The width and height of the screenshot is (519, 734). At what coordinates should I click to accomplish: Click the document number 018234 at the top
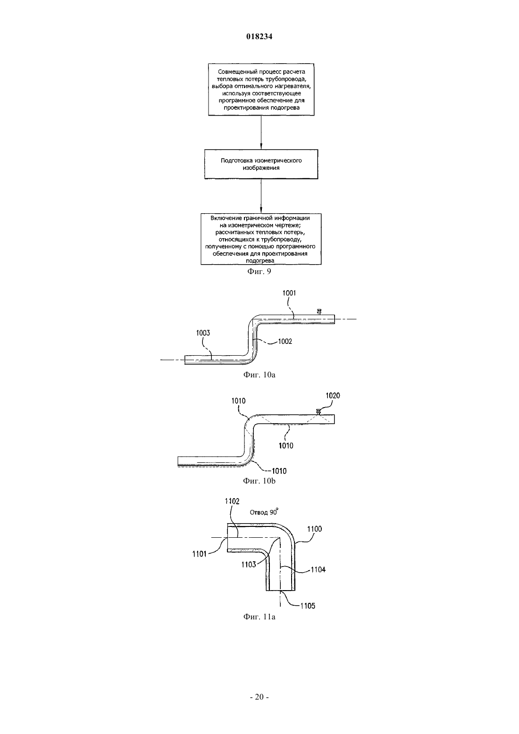259,36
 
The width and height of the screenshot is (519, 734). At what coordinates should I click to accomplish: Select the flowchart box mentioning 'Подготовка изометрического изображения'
261,164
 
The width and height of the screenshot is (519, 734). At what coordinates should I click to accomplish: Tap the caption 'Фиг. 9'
259,271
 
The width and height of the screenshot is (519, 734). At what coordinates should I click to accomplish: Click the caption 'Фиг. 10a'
259,375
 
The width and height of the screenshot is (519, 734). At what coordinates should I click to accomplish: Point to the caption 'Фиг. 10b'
259,481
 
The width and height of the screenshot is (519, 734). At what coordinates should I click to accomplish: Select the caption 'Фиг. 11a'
259,617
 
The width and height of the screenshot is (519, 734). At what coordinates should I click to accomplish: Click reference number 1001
289,293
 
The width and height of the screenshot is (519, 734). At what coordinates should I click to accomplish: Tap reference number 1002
285,342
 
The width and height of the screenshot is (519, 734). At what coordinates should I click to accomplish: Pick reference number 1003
203,333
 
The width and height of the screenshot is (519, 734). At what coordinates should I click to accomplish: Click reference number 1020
333,395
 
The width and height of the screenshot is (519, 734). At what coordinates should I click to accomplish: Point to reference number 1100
315,529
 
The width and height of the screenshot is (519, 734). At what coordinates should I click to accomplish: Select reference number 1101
199,554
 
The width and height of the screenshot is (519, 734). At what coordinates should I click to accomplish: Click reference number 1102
232,501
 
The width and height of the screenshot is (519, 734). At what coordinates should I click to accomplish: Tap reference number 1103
249,564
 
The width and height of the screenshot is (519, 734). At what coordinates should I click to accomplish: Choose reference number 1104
318,569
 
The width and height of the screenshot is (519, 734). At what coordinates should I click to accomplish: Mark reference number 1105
308,606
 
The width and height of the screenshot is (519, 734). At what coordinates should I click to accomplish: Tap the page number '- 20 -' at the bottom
259,697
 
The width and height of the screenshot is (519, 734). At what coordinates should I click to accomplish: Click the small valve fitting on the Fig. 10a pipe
318,312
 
